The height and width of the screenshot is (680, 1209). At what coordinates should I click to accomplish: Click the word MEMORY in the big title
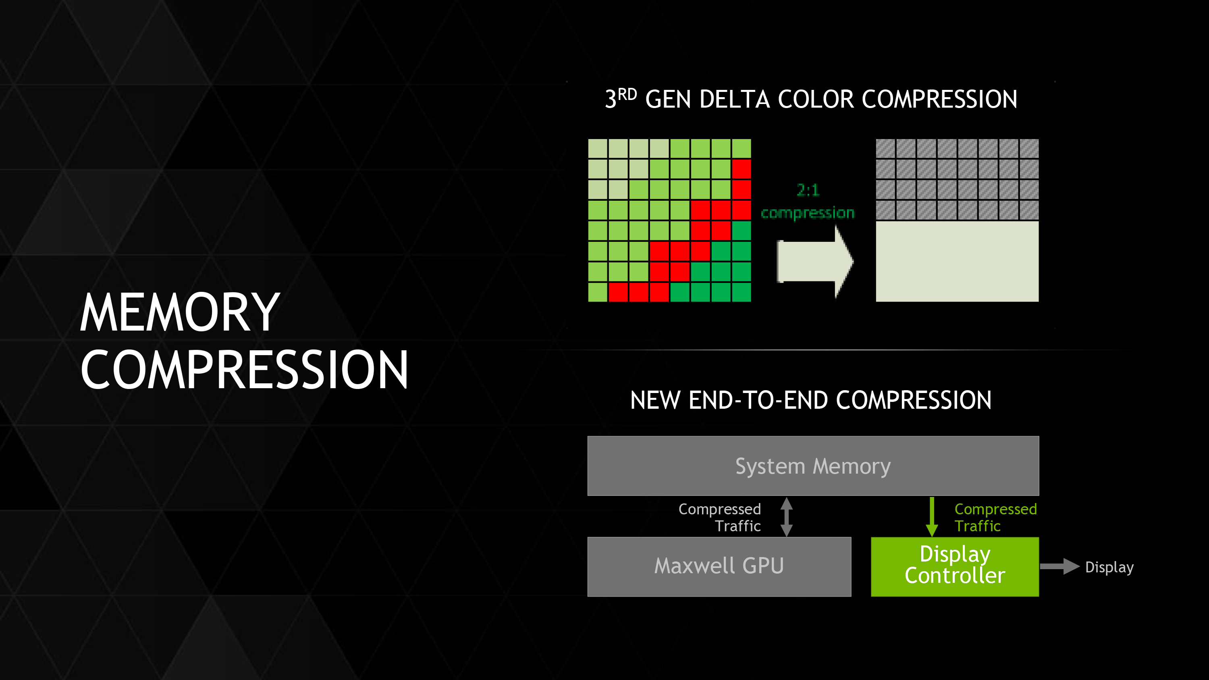click(180, 312)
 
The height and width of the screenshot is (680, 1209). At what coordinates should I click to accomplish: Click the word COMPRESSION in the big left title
click(244, 370)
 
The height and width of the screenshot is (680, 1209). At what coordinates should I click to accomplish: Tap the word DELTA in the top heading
click(735, 100)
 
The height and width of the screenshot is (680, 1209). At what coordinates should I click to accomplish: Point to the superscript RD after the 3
click(627, 94)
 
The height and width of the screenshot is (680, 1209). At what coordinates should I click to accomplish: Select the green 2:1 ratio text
click(808, 190)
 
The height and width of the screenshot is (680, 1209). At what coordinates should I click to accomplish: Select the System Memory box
click(812, 466)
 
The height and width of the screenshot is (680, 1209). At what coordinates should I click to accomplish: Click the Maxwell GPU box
click(719, 566)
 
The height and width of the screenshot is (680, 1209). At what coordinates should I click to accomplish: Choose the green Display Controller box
click(954, 566)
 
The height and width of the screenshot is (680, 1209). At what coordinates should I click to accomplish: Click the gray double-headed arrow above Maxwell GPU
click(787, 517)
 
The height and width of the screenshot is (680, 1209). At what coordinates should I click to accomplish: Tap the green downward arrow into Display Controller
click(932, 517)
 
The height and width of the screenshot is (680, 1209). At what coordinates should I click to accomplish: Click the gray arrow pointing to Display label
click(1059, 566)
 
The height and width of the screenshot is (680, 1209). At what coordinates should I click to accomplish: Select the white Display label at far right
click(1109, 568)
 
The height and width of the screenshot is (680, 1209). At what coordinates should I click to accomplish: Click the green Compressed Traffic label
click(995, 517)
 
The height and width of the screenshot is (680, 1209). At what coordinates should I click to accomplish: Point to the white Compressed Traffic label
click(719, 517)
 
